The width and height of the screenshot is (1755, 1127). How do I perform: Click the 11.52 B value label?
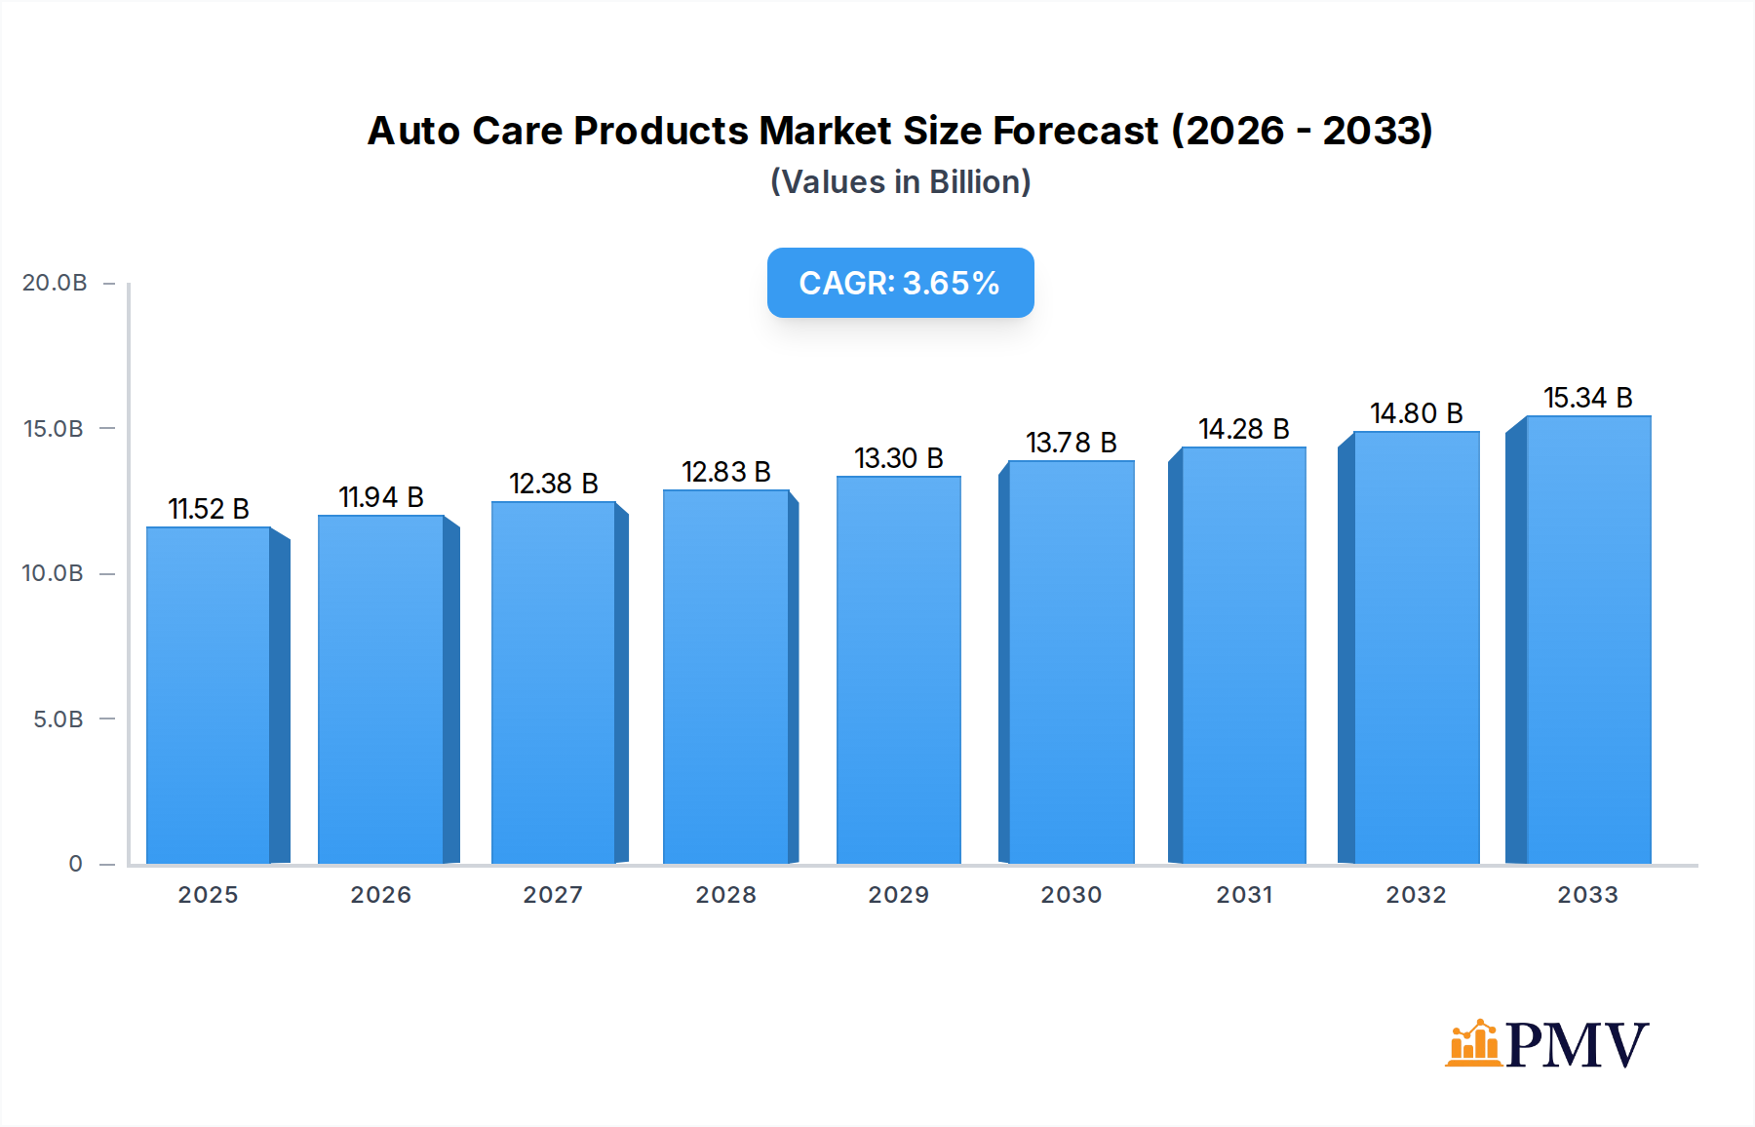pos(209,509)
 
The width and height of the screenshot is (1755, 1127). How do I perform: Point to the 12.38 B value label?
pos(553,484)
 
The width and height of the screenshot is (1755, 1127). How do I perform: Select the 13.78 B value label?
pos(1071,443)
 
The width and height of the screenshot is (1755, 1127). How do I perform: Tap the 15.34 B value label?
pos(1587,398)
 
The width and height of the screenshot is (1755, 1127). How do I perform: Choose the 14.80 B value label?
pos(1416,413)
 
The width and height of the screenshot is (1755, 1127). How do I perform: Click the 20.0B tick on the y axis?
pos(55,283)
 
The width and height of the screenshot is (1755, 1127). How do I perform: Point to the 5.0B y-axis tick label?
pos(58,719)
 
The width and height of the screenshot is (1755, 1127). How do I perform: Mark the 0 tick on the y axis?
pos(75,864)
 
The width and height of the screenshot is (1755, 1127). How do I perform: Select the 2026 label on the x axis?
pos(380,895)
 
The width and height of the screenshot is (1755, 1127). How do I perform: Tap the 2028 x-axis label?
pos(725,895)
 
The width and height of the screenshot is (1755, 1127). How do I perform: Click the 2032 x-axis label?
pos(1416,895)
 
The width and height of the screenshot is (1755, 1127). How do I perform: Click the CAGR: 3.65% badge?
pos(900,283)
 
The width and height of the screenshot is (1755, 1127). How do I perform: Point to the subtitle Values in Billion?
pos(900,182)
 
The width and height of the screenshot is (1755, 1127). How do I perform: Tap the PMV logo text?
pos(1577,1045)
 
